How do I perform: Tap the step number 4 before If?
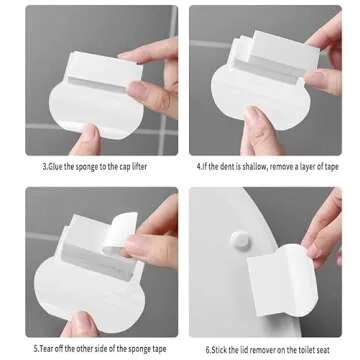[198, 166]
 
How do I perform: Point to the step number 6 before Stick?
[208, 348]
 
